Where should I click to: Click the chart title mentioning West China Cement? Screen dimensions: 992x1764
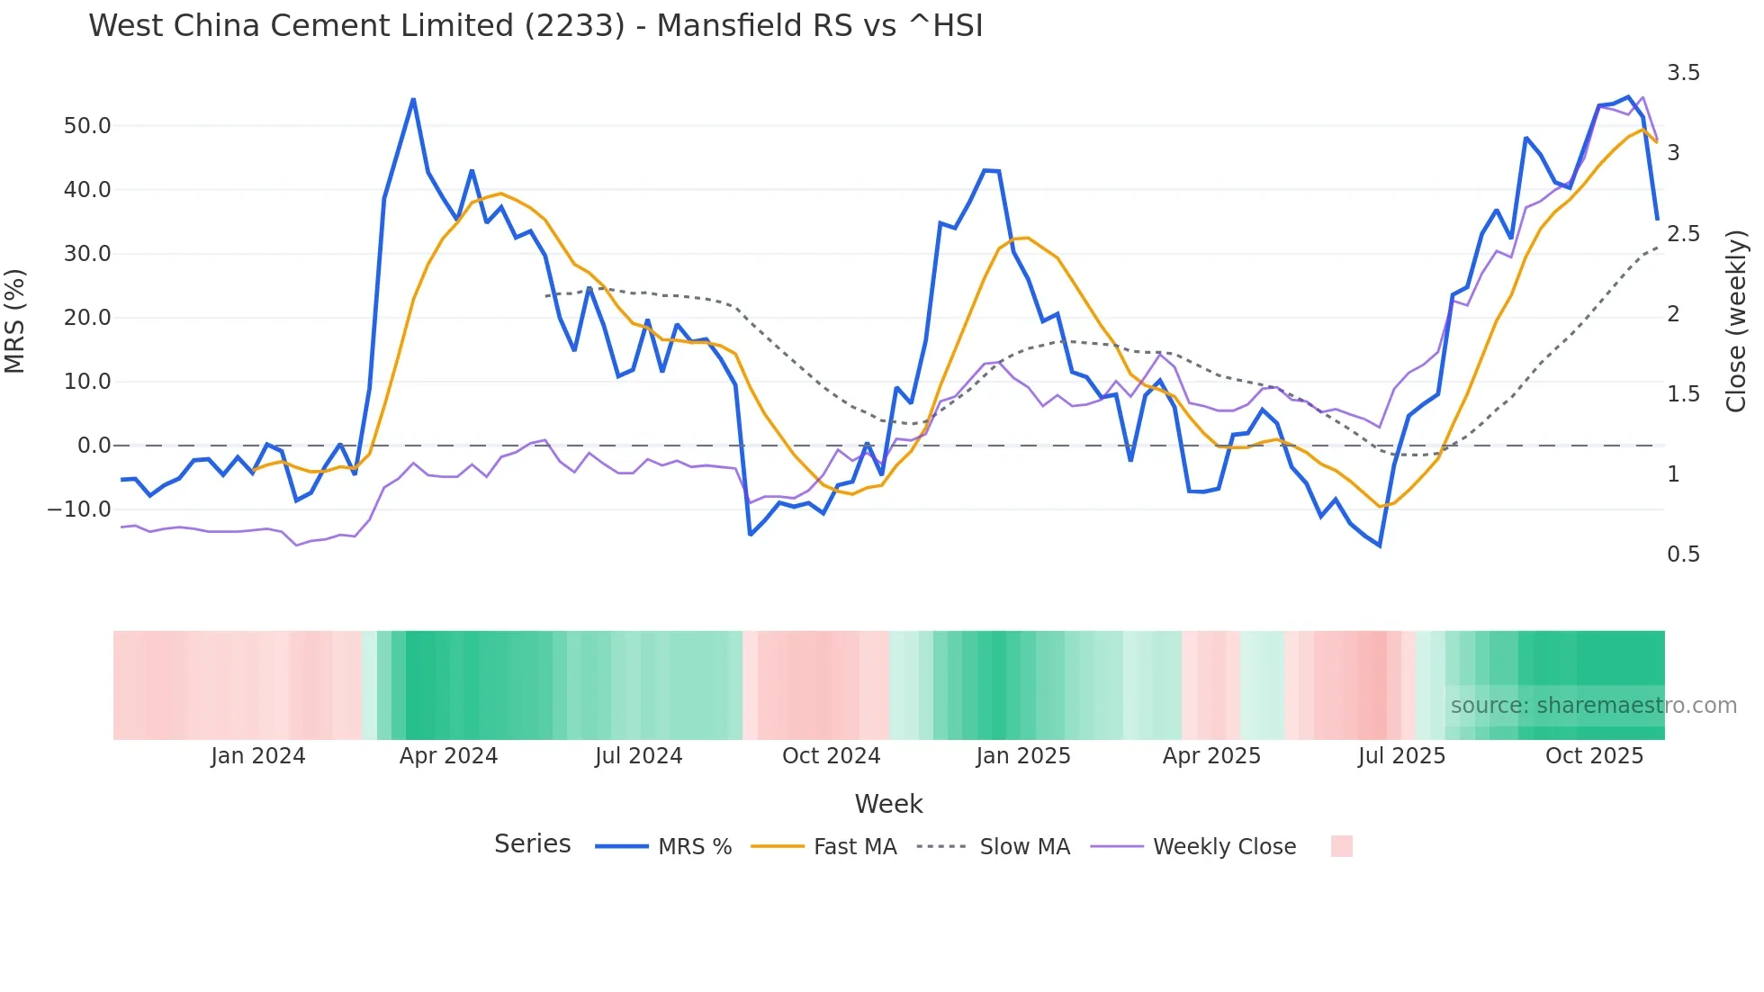pos(535,25)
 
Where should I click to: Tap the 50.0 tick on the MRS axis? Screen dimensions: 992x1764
pos(86,126)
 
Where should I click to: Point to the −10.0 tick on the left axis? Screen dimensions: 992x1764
pos(79,510)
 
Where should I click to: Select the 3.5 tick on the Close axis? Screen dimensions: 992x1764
pos(1683,73)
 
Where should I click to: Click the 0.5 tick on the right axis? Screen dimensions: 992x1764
pos(1683,555)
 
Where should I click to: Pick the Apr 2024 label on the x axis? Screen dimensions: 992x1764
pos(448,756)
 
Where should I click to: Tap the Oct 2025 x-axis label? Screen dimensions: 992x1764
pos(1594,756)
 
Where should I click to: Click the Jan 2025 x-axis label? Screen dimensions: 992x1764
pos(1023,756)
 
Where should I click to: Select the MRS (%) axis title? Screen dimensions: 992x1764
pos(15,320)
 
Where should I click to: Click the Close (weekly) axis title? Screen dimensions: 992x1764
pos(1736,320)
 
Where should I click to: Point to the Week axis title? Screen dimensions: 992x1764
pos(888,804)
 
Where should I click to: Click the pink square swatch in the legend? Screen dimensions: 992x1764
pos(1341,846)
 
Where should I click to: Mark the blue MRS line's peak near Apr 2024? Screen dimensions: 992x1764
pos(413,99)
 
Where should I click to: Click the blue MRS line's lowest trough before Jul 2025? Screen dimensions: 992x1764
pos(1379,546)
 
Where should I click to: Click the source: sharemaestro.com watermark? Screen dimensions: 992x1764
pos(1593,706)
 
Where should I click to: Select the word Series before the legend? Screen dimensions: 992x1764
pos(532,844)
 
